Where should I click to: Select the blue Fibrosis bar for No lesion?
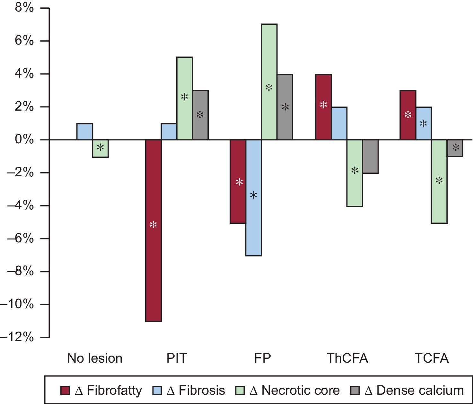pos(85,131)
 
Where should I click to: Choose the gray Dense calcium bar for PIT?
pos(200,115)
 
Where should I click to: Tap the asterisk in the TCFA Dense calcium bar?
pos(456,148)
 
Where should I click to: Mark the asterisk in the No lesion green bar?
pos(101,148)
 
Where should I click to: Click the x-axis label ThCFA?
pos(347,358)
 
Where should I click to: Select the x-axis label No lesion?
pos(95,358)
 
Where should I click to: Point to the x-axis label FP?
pos(262,358)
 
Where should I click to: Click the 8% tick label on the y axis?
pos(24,8)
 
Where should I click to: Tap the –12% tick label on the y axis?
pos(18,337)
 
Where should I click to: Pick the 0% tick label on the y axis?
pos(24,140)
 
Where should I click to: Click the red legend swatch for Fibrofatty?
pos(65,391)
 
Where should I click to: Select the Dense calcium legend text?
pos(420,391)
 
